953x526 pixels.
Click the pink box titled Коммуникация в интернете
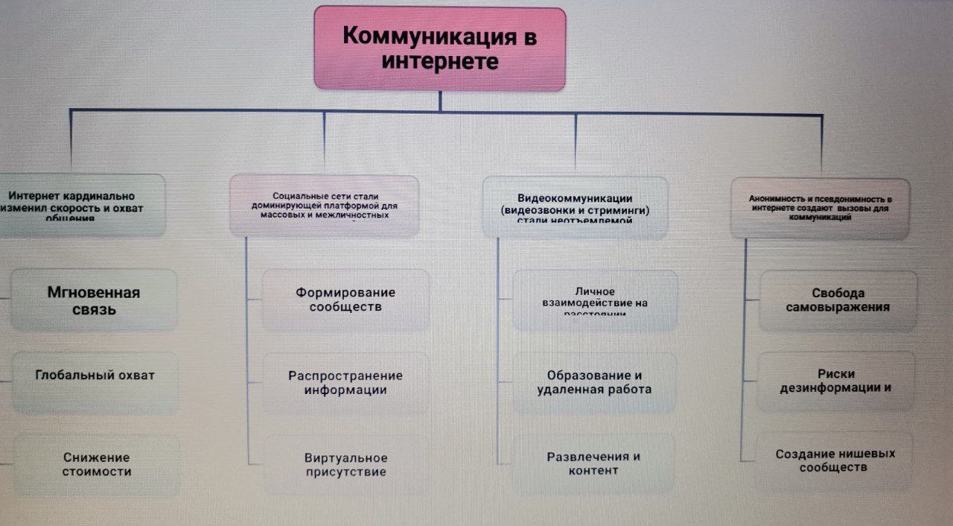point(439,48)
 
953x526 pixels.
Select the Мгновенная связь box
point(94,300)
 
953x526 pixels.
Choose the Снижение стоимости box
point(97,464)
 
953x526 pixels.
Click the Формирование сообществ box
point(345,300)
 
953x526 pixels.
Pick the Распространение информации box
point(345,382)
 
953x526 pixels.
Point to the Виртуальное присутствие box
point(345,465)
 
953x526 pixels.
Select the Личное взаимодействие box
point(595,300)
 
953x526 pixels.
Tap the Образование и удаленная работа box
point(594,382)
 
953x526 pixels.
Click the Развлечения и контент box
point(593,463)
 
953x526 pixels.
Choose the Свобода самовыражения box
point(838,300)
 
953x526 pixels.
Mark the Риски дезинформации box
point(835,381)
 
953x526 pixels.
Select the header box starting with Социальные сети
point(325,205)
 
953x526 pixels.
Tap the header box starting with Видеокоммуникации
point(575,207)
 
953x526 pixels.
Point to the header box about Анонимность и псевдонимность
point(820,208)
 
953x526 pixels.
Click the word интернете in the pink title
point(439,62)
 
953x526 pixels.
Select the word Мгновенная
point(94,292)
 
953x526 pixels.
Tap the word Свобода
point(838,293)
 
